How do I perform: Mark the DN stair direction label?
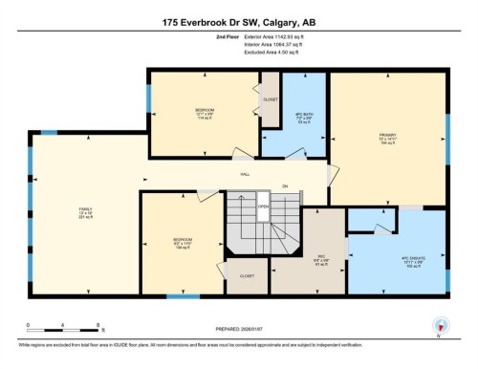(284, 186)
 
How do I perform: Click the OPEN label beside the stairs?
(263, 206)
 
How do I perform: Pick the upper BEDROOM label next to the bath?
(204, 111)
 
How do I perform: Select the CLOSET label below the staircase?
(247, 275)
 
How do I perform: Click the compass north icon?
(440, 324)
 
